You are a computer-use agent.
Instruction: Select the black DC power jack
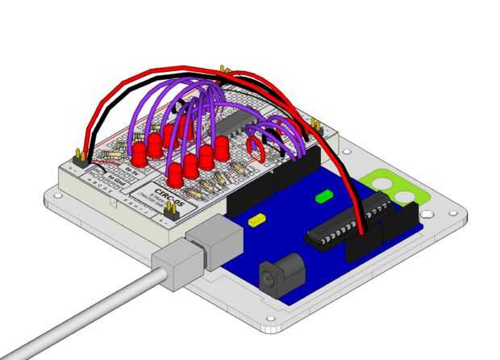278,272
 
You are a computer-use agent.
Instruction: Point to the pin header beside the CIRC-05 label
171,211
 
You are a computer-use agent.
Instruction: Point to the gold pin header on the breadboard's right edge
318,127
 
